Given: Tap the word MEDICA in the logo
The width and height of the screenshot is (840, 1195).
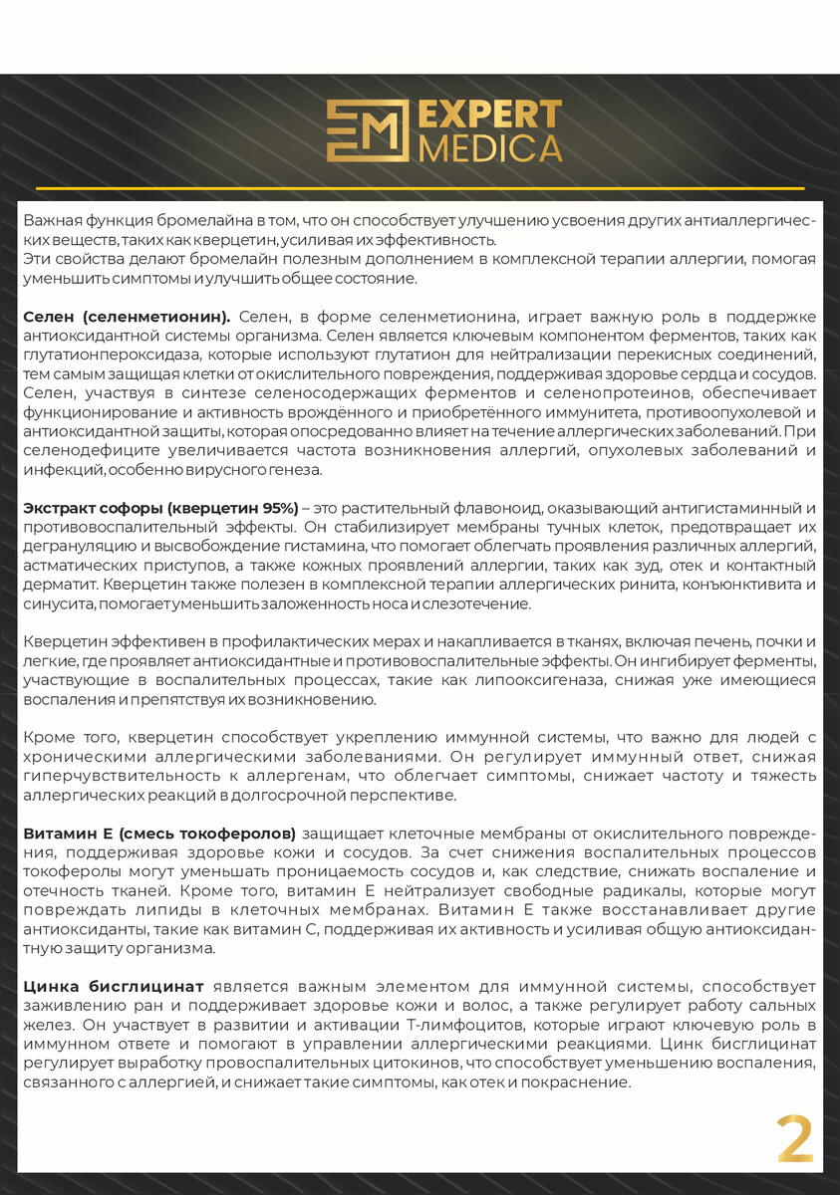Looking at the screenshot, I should tap(489, 147).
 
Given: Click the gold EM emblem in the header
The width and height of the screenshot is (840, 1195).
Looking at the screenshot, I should tap(367, 130).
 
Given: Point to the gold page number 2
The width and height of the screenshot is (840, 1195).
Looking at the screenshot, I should tap(795, 1139).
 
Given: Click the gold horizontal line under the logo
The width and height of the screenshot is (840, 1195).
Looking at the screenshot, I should tap(420, 187).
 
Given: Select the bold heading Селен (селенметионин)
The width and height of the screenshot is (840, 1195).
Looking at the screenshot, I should tap(127, 316).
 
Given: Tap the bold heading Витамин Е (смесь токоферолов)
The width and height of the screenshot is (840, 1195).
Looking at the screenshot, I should tap(159, 832).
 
